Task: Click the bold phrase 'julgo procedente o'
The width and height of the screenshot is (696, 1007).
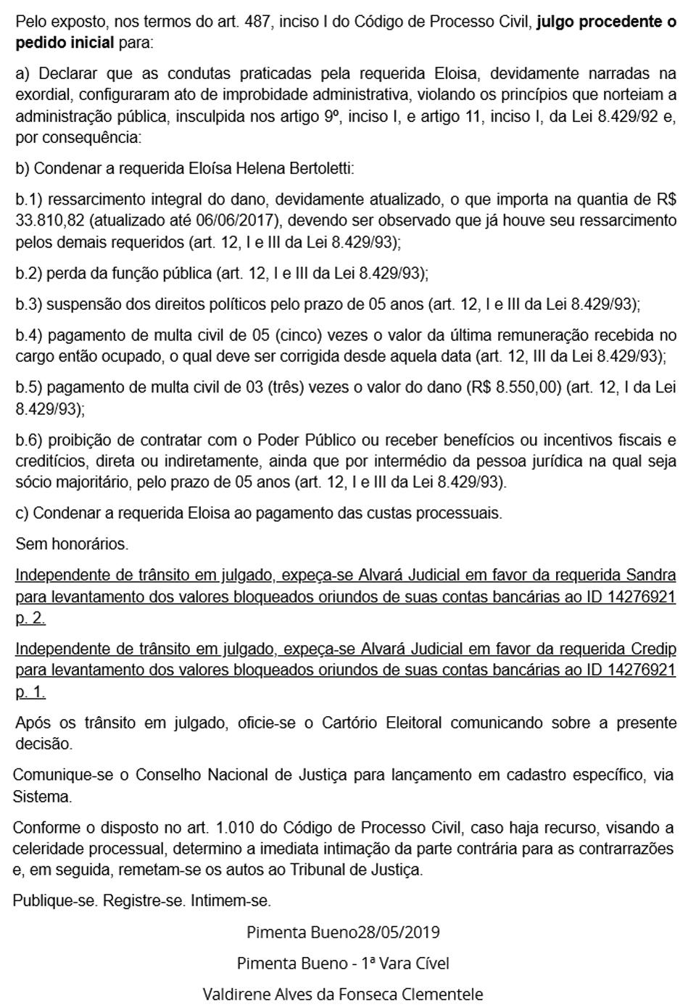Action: (x=606, y=22)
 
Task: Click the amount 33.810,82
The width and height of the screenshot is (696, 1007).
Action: (x=49, y=221)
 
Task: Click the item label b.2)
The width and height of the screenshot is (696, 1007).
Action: (x=29, y=274)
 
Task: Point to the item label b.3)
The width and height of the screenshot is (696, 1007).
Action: (x=29, y=305)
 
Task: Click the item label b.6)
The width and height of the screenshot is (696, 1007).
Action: (x=29, y=440)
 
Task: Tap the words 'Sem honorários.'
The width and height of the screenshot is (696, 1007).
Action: (x=72, y=543)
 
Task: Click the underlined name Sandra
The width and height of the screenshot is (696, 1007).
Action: (x=650, y=575)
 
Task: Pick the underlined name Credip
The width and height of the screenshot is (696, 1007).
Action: (x=652, y=649)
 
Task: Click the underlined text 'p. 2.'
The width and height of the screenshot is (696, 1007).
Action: (x=30, y=618)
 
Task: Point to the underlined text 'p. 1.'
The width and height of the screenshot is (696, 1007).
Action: (x=30, y=692)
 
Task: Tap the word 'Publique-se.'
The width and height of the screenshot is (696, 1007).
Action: (x=55, y=901)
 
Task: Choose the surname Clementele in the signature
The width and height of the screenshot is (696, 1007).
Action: (x=441, y=994)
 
